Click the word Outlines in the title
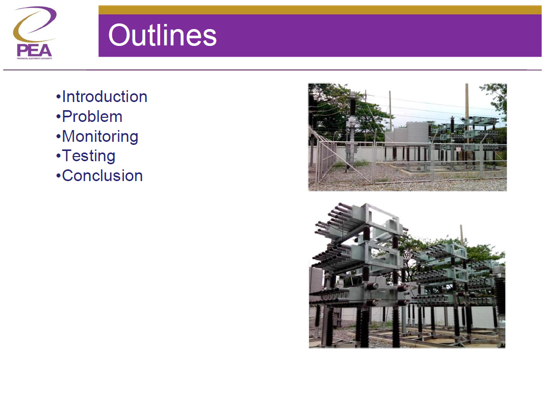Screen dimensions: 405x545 click(x=162, y=35)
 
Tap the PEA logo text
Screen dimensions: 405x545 click(x=34, y=50)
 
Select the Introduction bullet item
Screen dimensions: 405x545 click(x=104, y=96)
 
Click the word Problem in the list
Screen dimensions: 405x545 click(x=92, y=116)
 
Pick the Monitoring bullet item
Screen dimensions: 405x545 click(x=100, y=136)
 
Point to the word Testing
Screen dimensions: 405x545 click(x=89, y=156)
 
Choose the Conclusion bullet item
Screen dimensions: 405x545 click(x=102, y=175)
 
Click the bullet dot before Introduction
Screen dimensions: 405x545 click(x=58, y=97)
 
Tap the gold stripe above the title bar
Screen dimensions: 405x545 click(x=320, y=10)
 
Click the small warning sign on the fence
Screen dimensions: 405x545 click(x=458, y=149)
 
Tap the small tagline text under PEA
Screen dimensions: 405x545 click(x=34, y=59)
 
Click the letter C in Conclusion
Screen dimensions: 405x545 click(x=67, y=175)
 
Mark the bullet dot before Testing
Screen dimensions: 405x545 click(x=58, y=156)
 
